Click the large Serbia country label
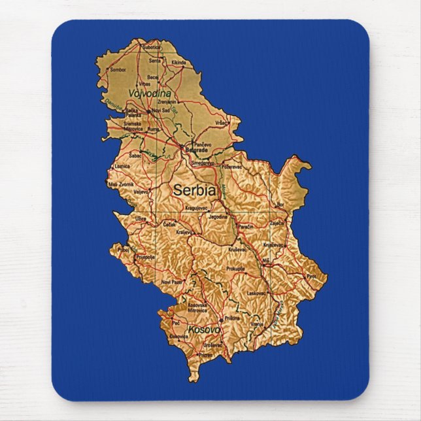pyautogui.click(x=194, y=191)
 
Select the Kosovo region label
pyautogui.click(x=203, y=329)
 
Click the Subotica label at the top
pyautogui.click(x=151, y=47)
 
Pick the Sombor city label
pyautogui.click(x=118, y=69)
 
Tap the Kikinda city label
pyautogui.click(x=178, y=63)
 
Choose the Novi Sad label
pyautogui.click(x=161, y=111)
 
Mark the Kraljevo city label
pyautogui.click(x=185, y=232)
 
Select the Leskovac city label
pyautogui.click(x=256, y=294)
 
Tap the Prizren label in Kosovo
pyautogui.click(x=206, y=355)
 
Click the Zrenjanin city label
pyautogui.click(x=167, y=102)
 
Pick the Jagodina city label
pyautogui.click(x=218, y=216)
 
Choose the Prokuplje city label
pyautogui.click(x=235, y=269)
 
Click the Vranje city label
pyautogui.click(x=258, y=324)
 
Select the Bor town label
pyautogui.click(x=280, y=205)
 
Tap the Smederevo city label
pyautogui.click(x=203, y=162)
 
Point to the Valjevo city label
pyautogui.click(x=142, y=192)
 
